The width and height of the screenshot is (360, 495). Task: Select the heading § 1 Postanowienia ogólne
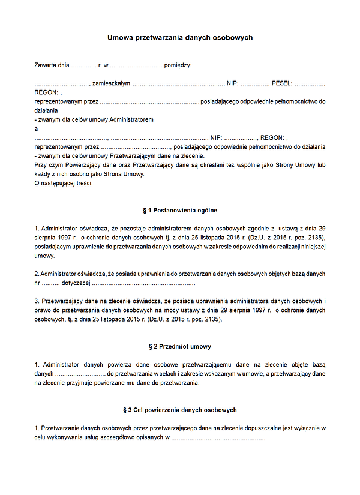(180, 211)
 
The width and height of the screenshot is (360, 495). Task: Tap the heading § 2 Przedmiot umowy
(180, 347)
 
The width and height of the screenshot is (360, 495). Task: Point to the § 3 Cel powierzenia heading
(180, 410)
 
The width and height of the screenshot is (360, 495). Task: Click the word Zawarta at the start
(46, 65)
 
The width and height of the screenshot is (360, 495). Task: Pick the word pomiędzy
(177, 65)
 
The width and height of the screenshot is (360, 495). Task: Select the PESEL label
(281, 83)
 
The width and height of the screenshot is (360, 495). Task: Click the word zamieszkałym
(112, 83)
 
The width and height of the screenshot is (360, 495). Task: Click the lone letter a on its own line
(37, 128)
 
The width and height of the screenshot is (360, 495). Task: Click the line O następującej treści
(64, 182)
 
